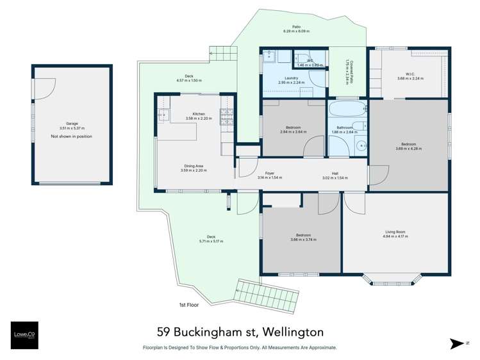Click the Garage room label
pos(71,124)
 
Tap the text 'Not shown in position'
pos(71,136)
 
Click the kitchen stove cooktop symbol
pos(228,115)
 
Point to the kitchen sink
pos(163,115)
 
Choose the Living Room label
pos(395,232)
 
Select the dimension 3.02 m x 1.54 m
pos(335,177)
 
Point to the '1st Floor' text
pos(189,305)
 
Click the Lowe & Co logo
pos(23,335)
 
